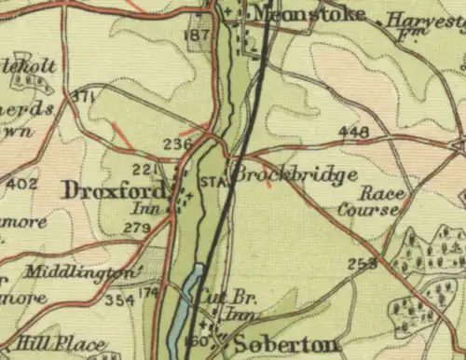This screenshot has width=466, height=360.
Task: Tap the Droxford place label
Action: tap(115, 190)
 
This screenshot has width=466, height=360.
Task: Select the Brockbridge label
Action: tap(295, 174)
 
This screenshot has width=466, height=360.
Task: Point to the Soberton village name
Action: tap(285, 344)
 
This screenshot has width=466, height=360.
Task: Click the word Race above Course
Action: tap(377, 193)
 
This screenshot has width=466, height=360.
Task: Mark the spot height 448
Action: tap(353, 132)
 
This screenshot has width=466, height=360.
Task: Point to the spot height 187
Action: tap(197, 35)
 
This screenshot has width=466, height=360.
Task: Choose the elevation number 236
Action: tap(176, 144)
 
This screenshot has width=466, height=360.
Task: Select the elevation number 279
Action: tap(138, 228)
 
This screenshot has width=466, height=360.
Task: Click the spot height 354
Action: tap(118, 299)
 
